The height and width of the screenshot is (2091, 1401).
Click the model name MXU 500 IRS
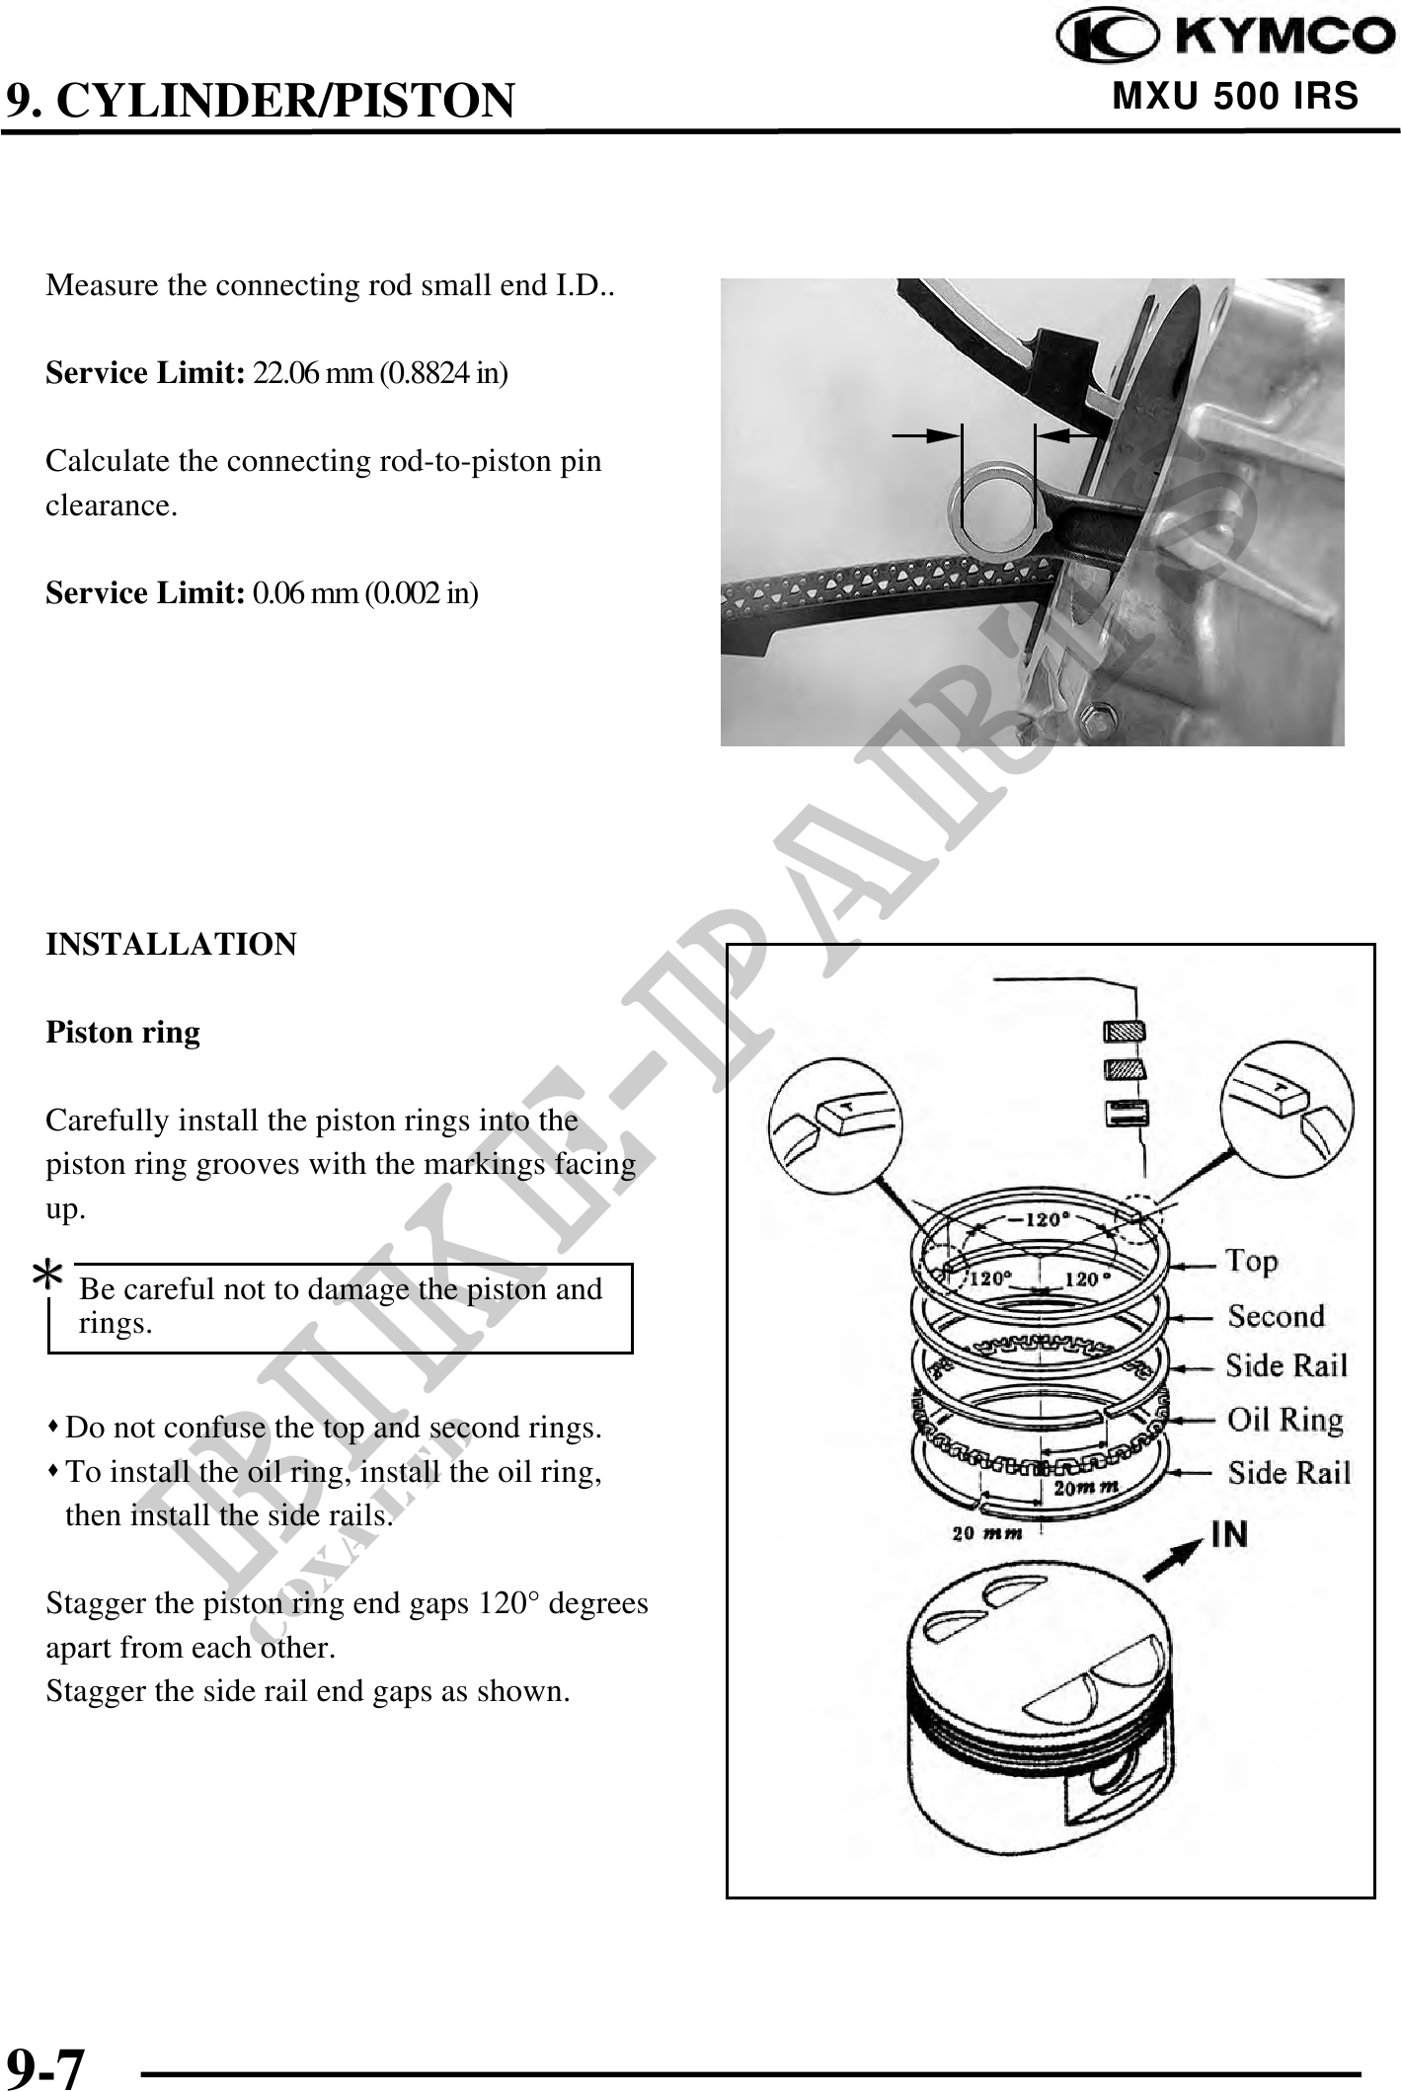pyautogui.click(x=1235, y=97)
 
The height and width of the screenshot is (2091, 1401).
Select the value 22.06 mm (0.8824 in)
pyautogui.click(x=381, y=374)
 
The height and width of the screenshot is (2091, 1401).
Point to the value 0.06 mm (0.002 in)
pyautogui.click(x=365, y=593)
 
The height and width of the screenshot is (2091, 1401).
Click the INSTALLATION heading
pyautogui.click(x=171, y=945)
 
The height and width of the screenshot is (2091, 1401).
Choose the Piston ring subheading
pyautogui.click(x=123, y=1033)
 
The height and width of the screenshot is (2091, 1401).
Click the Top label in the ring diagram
pyautogui.click(x=1252, y=1262)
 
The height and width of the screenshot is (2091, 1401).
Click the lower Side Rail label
pyautogui.click(x=1288, y=1473)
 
